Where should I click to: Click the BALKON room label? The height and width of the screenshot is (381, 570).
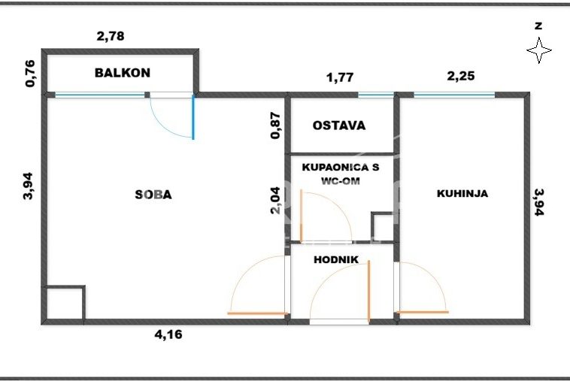122,73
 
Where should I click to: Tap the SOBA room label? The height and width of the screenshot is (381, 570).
153,195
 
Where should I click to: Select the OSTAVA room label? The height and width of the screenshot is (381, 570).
339,125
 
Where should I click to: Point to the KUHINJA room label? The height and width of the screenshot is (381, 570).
462,193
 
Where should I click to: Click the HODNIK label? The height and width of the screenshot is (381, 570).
336,260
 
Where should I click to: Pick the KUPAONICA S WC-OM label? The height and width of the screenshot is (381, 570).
341,174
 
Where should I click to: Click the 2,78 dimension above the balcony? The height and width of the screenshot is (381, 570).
111,36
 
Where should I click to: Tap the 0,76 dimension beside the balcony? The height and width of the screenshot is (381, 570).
31,74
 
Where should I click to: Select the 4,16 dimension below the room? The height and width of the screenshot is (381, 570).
168,334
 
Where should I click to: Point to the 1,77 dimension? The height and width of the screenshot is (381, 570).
340,77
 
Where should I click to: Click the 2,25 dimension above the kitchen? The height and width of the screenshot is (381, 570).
461,76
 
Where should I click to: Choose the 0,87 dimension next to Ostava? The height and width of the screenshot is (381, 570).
275,125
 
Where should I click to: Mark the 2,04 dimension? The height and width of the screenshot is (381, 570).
275,201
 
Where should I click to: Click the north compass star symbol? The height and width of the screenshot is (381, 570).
539,50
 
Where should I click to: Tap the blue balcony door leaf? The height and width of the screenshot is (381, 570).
193,117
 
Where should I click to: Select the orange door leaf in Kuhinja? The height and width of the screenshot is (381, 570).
423,312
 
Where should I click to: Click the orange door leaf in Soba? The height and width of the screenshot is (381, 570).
257,313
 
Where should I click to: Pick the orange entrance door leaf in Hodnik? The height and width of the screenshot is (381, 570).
368,291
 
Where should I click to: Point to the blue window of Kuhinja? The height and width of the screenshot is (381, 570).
454,95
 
